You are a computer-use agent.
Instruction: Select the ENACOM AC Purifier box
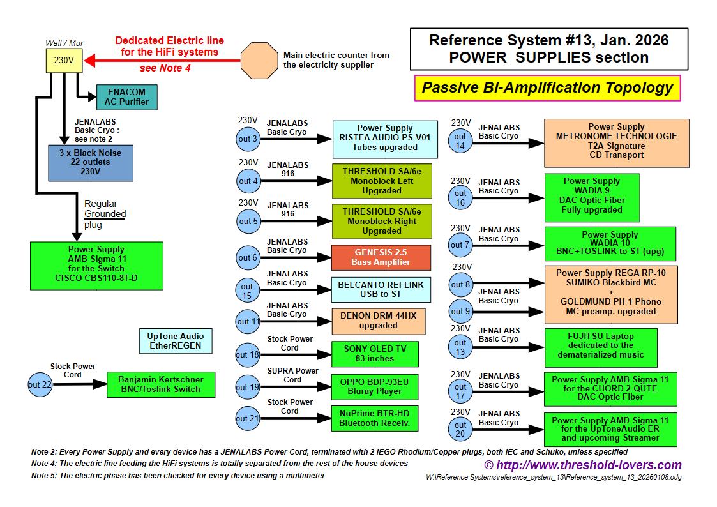click(126, 97)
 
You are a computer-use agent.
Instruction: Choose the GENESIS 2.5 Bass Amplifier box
click(381, 257)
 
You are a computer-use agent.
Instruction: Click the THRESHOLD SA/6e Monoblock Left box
click(381, 181)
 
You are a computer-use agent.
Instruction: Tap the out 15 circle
click(247, 291)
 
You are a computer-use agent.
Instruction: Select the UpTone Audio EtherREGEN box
click(176, 341)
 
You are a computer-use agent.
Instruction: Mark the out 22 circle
click(39, 384)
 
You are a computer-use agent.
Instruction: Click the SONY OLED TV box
click(375, 354)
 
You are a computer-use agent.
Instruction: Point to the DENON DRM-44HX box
click(378, 321)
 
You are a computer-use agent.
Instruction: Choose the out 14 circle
click(460, 141)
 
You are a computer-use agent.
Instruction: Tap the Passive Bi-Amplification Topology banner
click(547, 87)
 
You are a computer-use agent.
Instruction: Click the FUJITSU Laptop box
click(600, 345)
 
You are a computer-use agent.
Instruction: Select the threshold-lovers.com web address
click(582, 465)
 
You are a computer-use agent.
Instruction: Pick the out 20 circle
click(460, 429)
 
